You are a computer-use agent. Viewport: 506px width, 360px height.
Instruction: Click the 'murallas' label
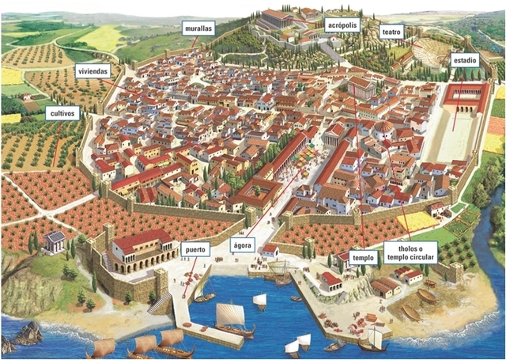(x=198, y=28)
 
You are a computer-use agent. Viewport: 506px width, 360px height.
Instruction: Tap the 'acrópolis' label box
(x=342, y=24)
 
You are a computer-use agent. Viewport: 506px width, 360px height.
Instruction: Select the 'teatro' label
(x=391, y=32)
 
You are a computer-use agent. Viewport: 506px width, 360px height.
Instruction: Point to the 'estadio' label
(x=463, y=60)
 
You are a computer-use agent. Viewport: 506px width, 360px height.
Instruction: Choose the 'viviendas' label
(x=91, y=72)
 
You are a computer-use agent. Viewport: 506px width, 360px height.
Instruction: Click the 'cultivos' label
(x=62, y=113)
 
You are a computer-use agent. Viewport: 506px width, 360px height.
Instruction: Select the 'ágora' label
(x=243, y=246)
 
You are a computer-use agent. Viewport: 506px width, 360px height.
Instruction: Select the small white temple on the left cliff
(x=56, y=241)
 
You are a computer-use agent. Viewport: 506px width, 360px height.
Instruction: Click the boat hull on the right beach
(x=411, y=313)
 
